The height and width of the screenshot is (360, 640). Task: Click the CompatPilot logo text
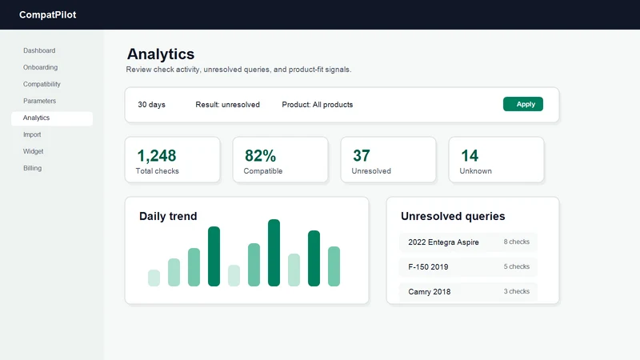pyautogui.click(x=47, y=14)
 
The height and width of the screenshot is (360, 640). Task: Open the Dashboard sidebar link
pyautogui.click(x=39, y=50)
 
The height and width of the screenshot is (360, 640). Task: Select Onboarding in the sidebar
pyautogui.click(x=41, y=67)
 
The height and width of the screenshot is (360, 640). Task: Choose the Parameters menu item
pyautogui.click(x=39, y=101)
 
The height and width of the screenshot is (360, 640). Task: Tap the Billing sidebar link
pyautogui.click(x=32, y=168)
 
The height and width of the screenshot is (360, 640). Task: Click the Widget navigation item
pyautogui.click(x=33, y=151)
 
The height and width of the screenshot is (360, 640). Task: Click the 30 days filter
pyautogui.click(x=151, y=105)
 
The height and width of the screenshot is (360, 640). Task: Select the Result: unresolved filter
pyautogui.click(x=227, y=105)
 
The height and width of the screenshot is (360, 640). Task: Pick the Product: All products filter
pyautogui.click(x=317, y=105)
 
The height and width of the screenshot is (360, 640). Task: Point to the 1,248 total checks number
pyautogui.click(x=156, y=155)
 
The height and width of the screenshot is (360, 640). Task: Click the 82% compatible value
pyautogui.click(x=261, y=155)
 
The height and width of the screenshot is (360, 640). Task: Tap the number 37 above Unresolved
pyautogui.click(x=362, y=155)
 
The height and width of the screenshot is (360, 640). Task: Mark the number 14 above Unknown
pyautogui.click(x=470, y=155)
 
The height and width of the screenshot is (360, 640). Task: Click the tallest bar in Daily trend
pyautogui.click(x=274, y=253)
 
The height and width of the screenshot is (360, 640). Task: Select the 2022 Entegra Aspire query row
pyautogui.click(x=468, y=242)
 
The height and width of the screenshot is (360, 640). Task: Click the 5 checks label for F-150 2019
pyautogui.click(x=516, y=266)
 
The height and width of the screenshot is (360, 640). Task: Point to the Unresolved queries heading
pyautogui.click(x=453, y=216)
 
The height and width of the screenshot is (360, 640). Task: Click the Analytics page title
pyautogui.click(x=161, y=54)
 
